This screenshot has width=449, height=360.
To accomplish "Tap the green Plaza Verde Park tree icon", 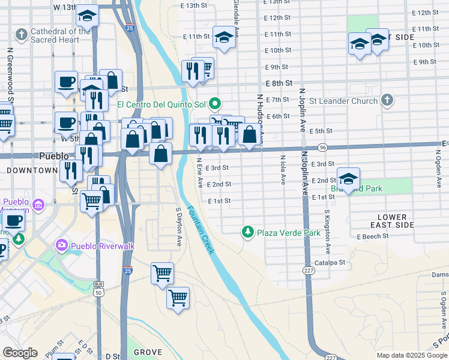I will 247,232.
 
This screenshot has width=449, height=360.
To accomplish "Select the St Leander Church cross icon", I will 387,100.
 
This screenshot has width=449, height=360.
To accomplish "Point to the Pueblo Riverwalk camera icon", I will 61,244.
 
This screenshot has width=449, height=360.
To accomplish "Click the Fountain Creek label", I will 199,230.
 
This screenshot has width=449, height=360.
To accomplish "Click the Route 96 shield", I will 322,147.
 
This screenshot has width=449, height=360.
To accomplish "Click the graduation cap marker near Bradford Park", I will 348,178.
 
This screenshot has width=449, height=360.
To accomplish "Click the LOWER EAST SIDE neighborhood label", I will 396,220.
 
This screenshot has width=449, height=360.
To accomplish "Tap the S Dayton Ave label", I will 179,227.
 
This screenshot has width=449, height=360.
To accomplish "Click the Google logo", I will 20,353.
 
